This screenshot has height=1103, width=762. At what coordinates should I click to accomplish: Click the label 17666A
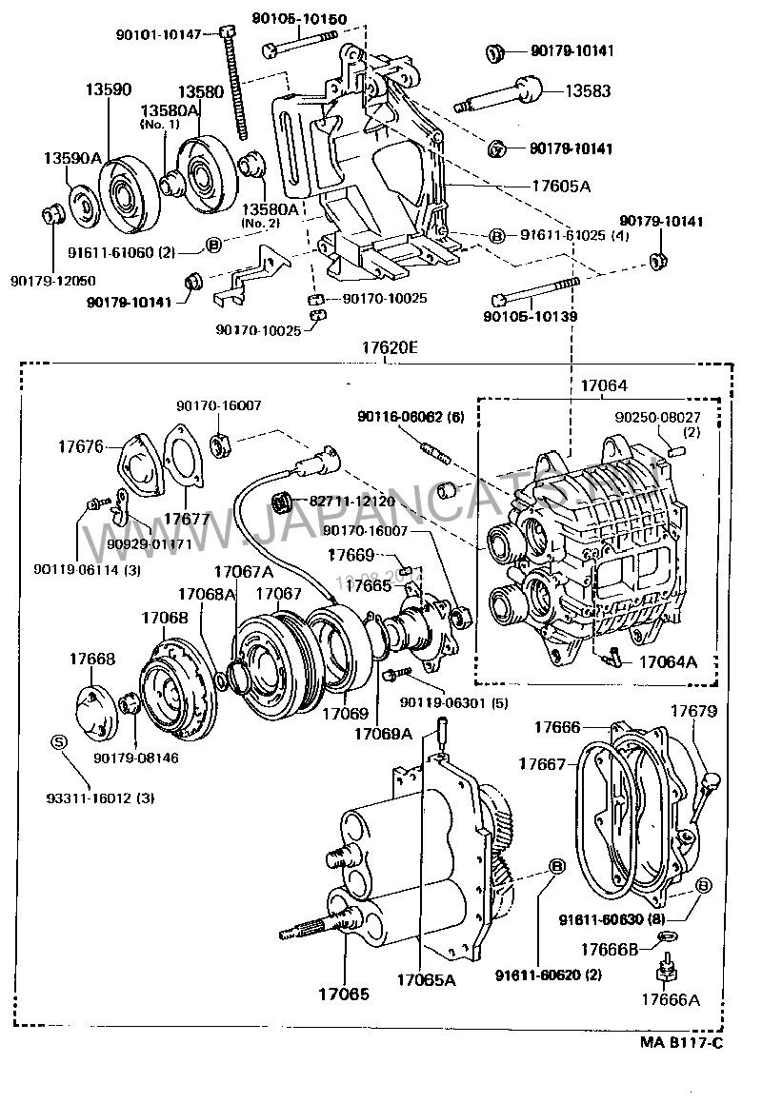(x=670, y=999)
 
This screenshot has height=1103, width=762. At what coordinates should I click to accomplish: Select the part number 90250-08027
(x=657, y=416)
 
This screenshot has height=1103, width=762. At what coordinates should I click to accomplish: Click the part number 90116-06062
(x=411, y=417)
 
